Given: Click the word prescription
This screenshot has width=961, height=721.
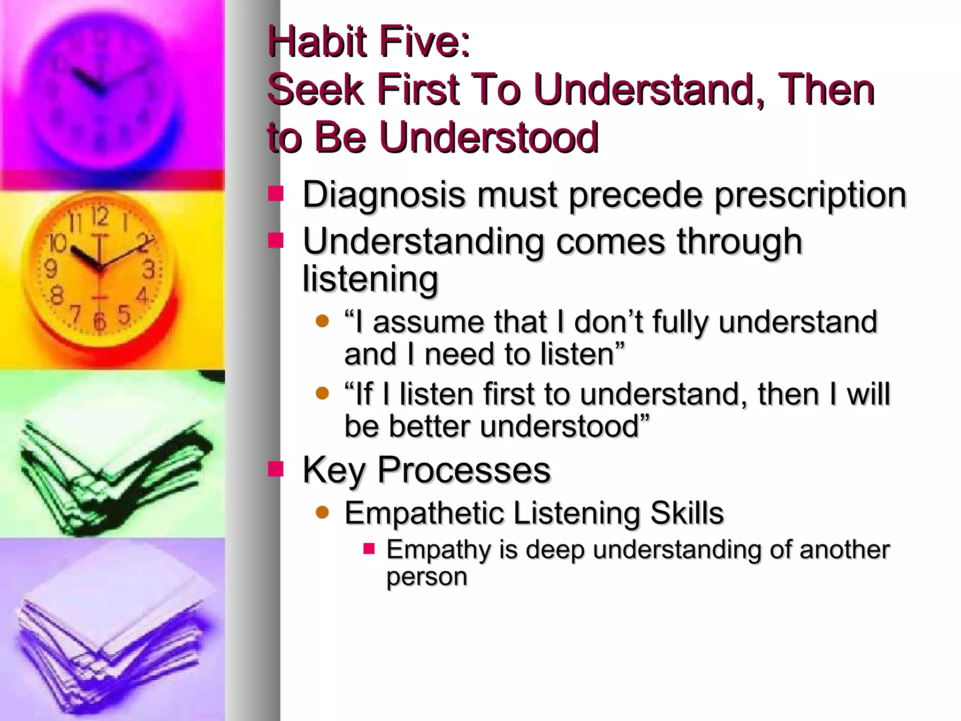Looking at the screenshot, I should pos(810,195).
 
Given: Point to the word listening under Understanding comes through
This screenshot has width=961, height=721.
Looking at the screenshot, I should pos(370,279).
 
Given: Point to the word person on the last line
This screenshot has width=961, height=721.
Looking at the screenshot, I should pos(427,576).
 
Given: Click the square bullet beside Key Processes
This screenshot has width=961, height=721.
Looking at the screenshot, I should pos(275,469).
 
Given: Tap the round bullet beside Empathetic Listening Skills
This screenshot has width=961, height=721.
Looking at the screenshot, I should pos(322,512).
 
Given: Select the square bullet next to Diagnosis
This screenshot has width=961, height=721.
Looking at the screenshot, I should pos(275,193).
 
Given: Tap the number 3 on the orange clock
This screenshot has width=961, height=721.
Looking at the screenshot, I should pos(149,270).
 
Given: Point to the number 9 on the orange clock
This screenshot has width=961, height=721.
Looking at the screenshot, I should pos(50,269).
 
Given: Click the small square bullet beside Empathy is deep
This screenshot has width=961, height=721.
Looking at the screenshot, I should pos(369,548).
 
